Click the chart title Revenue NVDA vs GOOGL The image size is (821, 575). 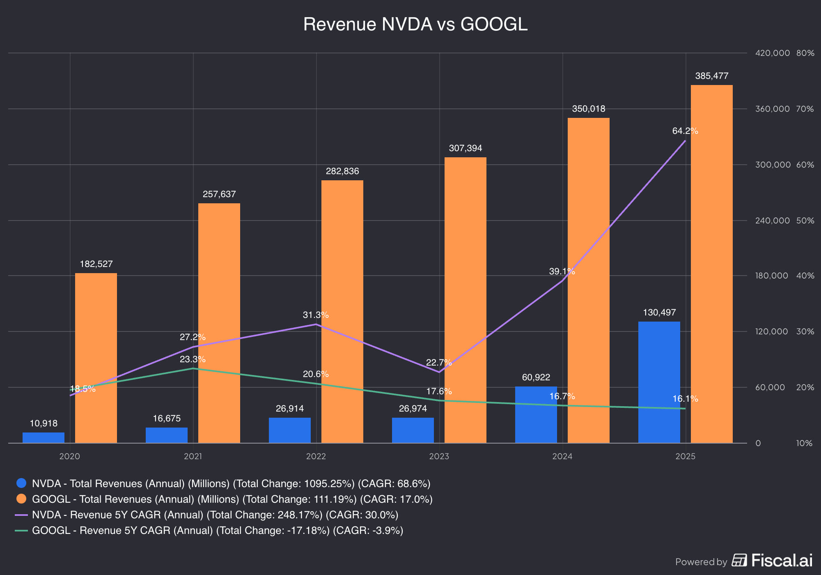[415, 24]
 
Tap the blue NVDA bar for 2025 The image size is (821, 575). [659, 382]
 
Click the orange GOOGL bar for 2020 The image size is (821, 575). [96, 358]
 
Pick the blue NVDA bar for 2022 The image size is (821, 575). [289, 430]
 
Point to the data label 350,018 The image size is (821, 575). [588, 109]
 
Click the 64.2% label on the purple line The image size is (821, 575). [685, 131]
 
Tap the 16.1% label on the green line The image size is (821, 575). [685, 399]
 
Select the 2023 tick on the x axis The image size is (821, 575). [439, 456]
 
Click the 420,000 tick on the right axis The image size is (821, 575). [772, 53]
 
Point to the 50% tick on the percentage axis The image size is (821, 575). [805, 221]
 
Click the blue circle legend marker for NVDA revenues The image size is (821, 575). [21, 483]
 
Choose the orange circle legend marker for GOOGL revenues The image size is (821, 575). [21, 499]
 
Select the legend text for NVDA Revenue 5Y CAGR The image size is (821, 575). [215, 515]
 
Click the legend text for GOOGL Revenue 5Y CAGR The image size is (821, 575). [218, 530]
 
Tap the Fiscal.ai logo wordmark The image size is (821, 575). [782, 561]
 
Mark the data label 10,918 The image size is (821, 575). [44, 423]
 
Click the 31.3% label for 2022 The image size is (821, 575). [315, 315]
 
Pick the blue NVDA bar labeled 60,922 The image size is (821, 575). [536, 414]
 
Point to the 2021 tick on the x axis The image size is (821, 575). [193, 456]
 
